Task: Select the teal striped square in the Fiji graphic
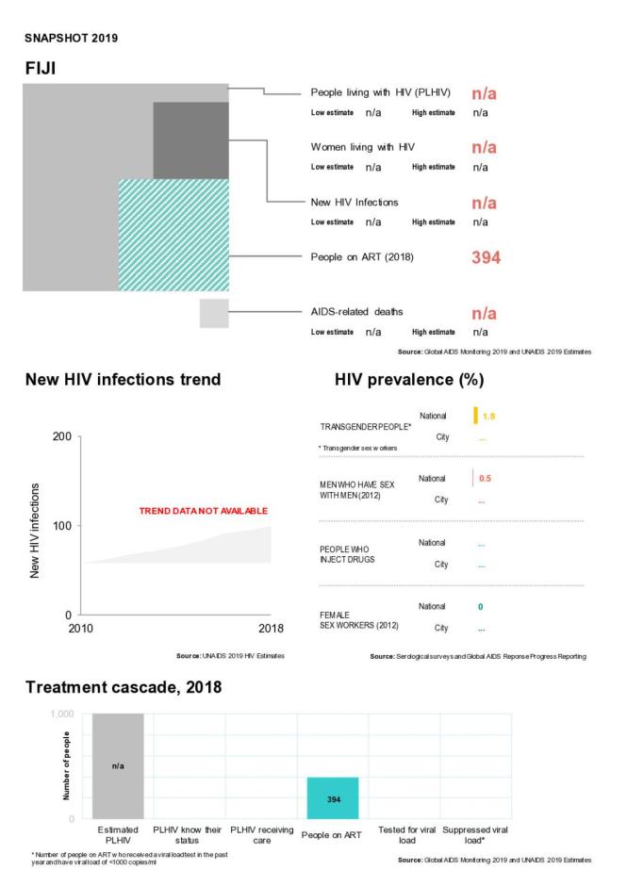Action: click(x=173, y=236)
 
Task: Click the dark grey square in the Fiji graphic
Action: click(x=190, y=139)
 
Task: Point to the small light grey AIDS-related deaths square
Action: click(x=214, y=313)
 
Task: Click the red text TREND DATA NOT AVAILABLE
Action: click(x=203, y=511)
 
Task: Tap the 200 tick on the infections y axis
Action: click(x=60, y=436)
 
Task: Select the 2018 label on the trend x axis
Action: click(x=271, y=629)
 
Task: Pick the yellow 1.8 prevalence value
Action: click(x=488, y=417)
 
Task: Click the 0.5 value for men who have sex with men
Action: click(x=486, y=478)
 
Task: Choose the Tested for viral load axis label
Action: click(x=405, y=834)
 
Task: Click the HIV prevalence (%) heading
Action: click(x=409, y=381)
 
